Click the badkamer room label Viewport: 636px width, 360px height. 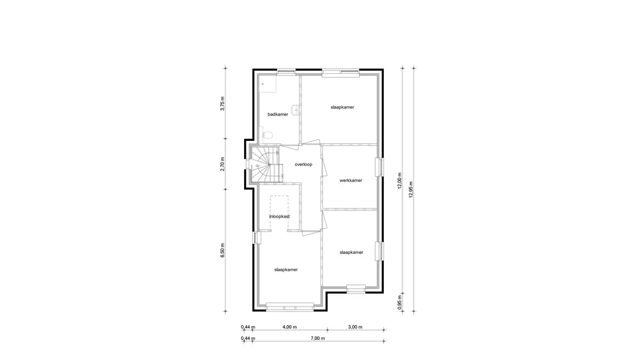click(x=278, y=114)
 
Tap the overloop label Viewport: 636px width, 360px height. click(x=303, y=164)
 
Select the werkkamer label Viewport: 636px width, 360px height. click(x=351, y=181)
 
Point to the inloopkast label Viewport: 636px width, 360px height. click(x=279, y=217)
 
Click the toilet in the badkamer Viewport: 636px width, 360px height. click(x=267, y=135)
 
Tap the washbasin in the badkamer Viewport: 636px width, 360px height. click(x=298, y=109)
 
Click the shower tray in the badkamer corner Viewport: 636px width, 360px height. click(x=267, y=84)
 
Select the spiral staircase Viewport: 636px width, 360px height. click(x=266, y=164)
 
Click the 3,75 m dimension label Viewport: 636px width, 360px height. click(x=223, y=104)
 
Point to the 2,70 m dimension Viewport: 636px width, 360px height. click(x=223, y=164)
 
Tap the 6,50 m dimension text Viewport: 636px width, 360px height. click(x=223, y=250)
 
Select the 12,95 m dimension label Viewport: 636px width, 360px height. click(x=411, y=189)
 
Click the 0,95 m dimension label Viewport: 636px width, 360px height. click(x=399, y=305)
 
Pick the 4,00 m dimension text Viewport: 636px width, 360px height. click(x=289, y=326)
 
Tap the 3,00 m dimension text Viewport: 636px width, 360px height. click(x=355, y=326)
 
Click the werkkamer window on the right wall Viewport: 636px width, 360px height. click(x=379, y=166)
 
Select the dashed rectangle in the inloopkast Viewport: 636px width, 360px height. click(x=279, y=214)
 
